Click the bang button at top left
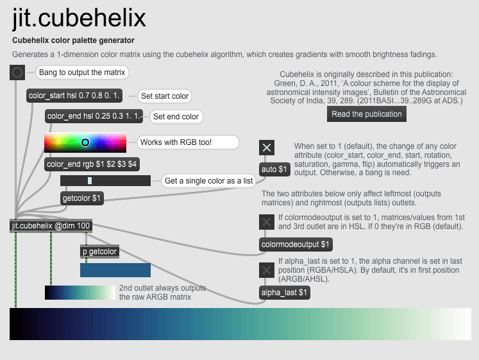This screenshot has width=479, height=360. [x=17, y=73]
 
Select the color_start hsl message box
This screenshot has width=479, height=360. [x=74, y=96]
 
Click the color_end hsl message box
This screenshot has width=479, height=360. [x=94, y=116]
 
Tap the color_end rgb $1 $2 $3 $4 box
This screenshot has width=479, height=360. [x=92, y=164]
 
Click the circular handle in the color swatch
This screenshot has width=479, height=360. [x=85, y=142]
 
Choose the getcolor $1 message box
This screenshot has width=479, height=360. [x=82, y=198]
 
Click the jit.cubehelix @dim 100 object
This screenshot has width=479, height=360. [x=51, y=226]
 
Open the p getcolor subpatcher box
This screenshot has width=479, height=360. [x=99, y=252]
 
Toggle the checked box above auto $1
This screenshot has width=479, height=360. [x=267, y=148]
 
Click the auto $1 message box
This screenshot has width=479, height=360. [x=274, y=169]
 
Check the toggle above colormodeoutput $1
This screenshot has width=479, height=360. [x=267, y=222]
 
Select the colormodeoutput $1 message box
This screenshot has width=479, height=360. [x=296, y=244]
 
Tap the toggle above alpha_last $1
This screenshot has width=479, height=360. [x=267, y=270]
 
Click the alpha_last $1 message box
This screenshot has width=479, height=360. [x=285, y=293]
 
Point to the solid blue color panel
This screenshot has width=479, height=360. [x=115, y=270]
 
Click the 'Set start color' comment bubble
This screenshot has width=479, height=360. [x=165, y=96]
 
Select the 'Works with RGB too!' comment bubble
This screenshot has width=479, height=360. [x=188, y=142]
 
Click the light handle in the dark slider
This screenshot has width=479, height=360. [x=90, y=180]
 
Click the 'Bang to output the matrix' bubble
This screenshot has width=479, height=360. [x=82, y=73]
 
